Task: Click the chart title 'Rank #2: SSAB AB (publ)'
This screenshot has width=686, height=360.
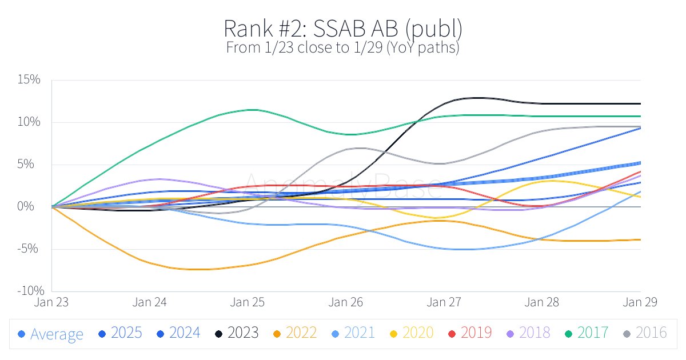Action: (x=342, y=29)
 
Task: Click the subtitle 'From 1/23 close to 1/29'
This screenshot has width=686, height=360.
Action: (x=342, y=47)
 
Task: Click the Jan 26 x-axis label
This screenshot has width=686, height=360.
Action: (x=346, y=302)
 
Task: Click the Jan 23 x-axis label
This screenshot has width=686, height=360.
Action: (x=52, y=302)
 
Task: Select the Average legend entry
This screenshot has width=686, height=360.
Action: (x=51, y=334)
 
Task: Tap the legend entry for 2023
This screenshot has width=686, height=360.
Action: (x=236, y=333)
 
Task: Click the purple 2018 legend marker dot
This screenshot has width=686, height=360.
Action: (x=510, y=333)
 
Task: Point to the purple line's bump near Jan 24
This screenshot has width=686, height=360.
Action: (x=157, y=179)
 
